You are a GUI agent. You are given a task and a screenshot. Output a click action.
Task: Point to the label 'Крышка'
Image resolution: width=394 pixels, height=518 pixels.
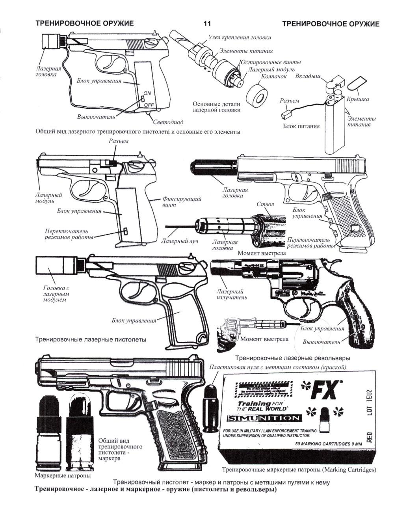pyautogui.click(x=358, y=99)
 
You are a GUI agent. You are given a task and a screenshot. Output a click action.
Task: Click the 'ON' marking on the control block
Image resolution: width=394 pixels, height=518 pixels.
pyautogui.click(x=147, y=93)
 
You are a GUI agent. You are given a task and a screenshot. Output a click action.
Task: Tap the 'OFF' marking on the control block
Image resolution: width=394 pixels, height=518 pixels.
pyautogui.click(x=149, y=105)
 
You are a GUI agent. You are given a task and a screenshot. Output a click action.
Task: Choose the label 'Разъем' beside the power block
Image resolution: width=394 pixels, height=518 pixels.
pyautogui.click(x=290, y=101)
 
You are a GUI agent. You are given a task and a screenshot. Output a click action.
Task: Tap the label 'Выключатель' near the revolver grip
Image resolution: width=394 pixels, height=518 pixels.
pyautogui.click(x=321, y=342)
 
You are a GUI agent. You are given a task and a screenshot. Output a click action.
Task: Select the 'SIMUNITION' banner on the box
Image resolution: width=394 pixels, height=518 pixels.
pyautogui.click(x=265, y=418)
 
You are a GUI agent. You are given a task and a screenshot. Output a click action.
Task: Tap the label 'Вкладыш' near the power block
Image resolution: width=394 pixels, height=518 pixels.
pyautogui.click(x=308, y=76)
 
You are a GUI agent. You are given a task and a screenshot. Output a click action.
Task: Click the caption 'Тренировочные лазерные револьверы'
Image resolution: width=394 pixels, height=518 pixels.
pyautogui.click(x=292, y=358)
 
